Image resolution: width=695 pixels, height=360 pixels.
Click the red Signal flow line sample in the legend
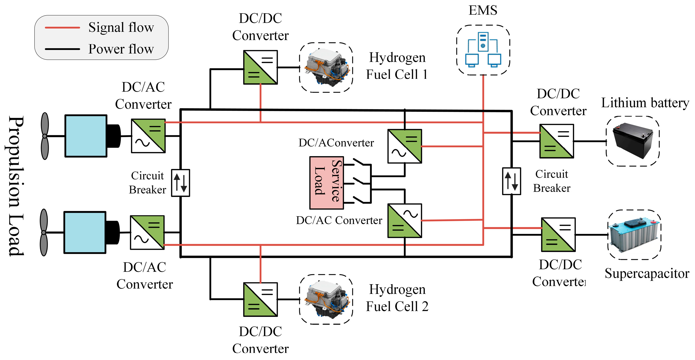(62, 28)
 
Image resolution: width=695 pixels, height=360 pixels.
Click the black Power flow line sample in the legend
(62, 49)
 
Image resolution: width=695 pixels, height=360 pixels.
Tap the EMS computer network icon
(483, 50)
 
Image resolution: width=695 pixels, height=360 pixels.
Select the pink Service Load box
(327, 183)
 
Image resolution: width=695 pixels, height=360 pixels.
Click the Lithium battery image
(633, 141)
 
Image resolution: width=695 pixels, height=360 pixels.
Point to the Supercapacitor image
(634, 235)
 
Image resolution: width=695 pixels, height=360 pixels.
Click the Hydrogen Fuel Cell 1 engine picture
(326, 67)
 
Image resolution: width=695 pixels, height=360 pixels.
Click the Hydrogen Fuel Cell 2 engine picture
(326, 299)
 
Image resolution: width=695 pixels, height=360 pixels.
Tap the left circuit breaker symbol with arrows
(181, 183)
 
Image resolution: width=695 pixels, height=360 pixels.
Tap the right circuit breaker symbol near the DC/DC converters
(511, 181)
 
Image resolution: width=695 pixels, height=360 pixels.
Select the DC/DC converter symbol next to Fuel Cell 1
(260, 67)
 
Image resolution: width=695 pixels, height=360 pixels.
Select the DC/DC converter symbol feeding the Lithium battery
(557, 141)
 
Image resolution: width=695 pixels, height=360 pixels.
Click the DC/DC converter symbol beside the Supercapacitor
(558, 235)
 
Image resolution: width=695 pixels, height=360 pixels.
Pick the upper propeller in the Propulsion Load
(45, 136)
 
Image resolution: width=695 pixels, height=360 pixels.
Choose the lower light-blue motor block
(85, 232)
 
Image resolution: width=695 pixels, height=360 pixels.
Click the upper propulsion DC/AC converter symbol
(148, 136)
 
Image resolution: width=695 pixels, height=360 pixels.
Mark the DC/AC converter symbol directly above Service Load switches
(404, 146)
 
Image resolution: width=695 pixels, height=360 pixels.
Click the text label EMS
(483, 10)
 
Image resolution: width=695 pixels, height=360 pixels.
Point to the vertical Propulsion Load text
(15, 186)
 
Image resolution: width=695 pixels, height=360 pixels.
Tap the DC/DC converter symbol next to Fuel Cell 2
(260, 299)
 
